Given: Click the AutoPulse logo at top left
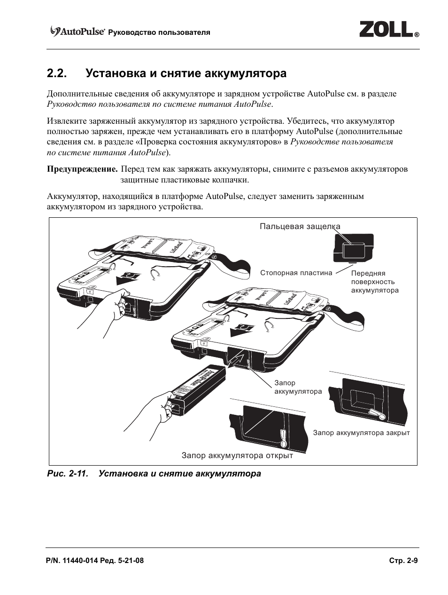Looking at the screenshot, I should [x=77, y=32].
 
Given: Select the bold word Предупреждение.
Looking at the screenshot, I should [x=82, y=169].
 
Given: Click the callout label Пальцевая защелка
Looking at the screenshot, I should [x=300, y=227].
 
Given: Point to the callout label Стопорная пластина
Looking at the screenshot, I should [x=296, y=273].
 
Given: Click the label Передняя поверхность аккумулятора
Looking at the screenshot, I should [x=374, y=282].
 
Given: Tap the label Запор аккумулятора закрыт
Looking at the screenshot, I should [x=361, y=433].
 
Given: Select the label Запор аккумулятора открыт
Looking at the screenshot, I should [x=237, y=455].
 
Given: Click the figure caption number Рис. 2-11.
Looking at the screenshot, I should [x=68, y=474].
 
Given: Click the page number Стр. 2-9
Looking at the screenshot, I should [x=403, y=561].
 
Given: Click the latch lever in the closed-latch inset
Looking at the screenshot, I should [x=376, y=413].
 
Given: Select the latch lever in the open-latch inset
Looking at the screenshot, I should [x=284, y=438].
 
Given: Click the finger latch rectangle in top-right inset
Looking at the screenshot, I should [x=353, y=249].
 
